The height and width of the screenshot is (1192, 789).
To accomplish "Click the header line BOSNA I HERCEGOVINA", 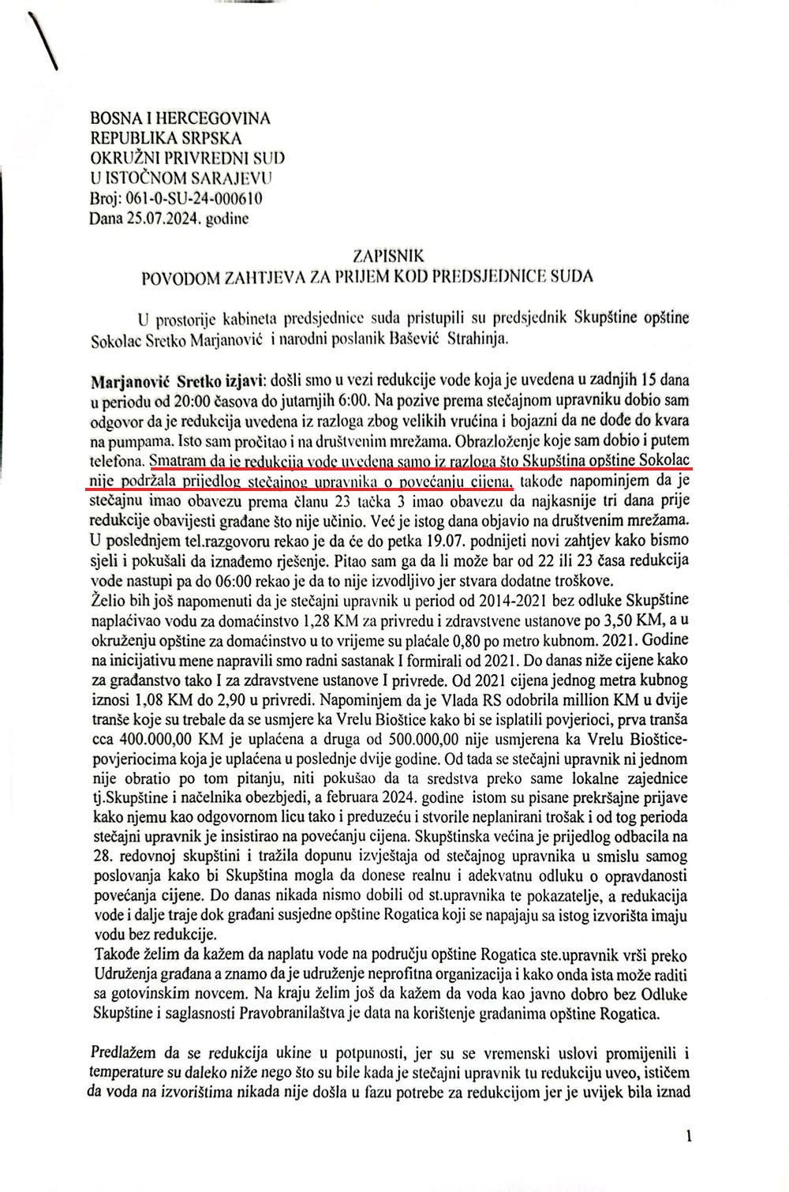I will (181, 118).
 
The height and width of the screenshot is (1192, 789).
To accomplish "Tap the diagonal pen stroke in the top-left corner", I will (46, 43).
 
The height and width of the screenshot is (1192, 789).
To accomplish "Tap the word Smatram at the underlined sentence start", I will (178, 460).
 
